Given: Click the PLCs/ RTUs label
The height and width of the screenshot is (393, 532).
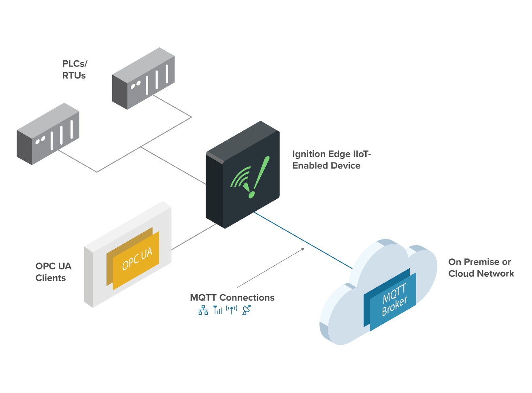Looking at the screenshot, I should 74,70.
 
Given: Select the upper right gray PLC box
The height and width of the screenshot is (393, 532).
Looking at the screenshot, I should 144,79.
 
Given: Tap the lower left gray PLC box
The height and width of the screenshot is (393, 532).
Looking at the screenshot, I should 48,134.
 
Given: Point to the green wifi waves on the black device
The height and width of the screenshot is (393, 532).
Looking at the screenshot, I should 240,178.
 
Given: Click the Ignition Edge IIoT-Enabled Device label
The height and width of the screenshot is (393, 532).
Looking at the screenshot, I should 331,160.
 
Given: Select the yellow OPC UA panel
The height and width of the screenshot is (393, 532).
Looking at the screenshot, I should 136,260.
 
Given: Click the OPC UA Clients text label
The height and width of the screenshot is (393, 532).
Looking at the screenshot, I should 53,272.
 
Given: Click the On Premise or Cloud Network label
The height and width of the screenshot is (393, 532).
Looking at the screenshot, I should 481,268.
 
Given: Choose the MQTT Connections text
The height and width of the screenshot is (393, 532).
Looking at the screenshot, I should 232,297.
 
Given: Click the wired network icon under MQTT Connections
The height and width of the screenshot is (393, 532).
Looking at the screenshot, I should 203,310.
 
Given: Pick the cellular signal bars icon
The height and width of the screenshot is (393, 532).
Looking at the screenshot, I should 218,310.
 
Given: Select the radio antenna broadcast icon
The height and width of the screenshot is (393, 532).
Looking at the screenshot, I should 232,310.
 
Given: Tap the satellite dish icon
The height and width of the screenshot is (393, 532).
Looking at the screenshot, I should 246,310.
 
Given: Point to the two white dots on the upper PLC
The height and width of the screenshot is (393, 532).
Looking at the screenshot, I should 135,85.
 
